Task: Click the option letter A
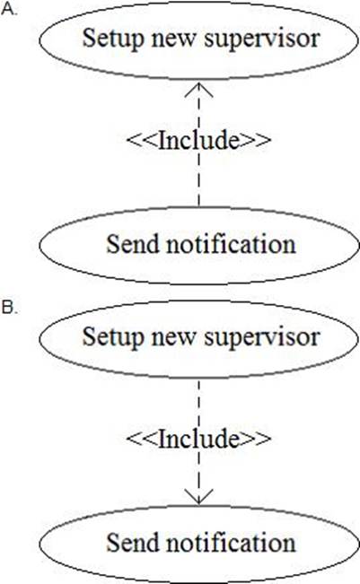tap(9, 9)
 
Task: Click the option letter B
tap(9, 308)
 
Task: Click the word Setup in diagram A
tap(113, 39)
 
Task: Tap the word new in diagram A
tap(173, 39)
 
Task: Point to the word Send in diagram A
tap(133, 244)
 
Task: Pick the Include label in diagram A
tap(199, 141)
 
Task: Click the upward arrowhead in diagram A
tap(198, 90)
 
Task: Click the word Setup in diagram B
tap(113, 337)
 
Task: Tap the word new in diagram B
tap(173, 338)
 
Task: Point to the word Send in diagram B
tap(133, 543)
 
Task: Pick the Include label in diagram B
tap(199, 439)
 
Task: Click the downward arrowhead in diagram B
tap(198, 497)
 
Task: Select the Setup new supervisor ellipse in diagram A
tap(198, 4)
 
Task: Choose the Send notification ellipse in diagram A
tap(198, 207)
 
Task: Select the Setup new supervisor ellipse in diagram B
tap(198, 301)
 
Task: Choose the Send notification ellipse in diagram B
tap(198, 506)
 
